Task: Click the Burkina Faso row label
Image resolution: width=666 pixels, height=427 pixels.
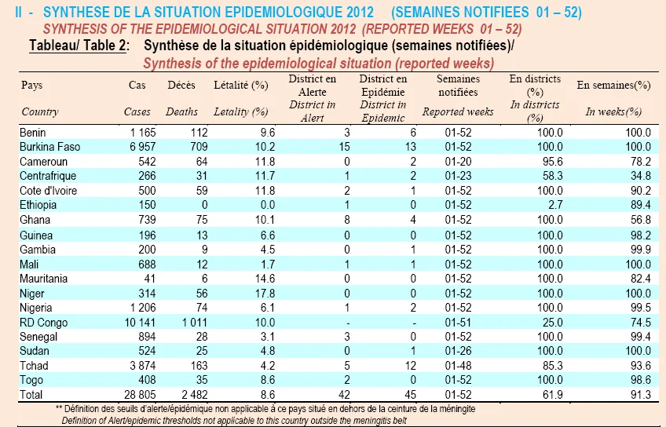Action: coord(49,147)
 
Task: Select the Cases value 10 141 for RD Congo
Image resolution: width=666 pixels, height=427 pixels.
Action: coord(140,323)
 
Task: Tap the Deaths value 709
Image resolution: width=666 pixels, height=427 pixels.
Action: coord(199,147)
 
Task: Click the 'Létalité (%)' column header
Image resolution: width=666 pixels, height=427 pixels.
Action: coord(241,85)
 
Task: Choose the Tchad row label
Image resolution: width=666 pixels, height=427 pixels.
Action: coord(34,366)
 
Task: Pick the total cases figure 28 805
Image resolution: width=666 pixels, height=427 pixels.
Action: coord(140,395)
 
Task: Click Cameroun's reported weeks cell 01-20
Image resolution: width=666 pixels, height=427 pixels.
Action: coord(459,162)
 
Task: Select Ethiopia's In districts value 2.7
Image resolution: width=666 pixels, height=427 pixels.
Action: coord(555,205)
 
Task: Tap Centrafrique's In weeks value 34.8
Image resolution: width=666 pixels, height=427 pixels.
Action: coord(641,176)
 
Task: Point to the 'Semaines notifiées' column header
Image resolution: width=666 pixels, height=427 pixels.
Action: coord(458,86)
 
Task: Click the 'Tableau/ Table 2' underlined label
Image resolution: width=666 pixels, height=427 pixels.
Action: coord(78,46)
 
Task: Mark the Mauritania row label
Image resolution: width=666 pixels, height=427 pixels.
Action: coord(43,279)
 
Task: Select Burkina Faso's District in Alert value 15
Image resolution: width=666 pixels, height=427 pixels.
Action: coord(345,147)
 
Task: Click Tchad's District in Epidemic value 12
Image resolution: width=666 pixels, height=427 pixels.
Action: coord(410,366)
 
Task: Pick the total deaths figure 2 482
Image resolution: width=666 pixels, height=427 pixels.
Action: coord(195,395)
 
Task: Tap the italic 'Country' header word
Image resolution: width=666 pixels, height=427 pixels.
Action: coord(40,111)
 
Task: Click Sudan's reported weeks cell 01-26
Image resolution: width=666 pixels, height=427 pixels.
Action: coord(459,351)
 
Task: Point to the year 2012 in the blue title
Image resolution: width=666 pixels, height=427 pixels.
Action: coord(360,12)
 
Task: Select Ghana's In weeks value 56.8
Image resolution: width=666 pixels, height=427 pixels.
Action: coord(641,220)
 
